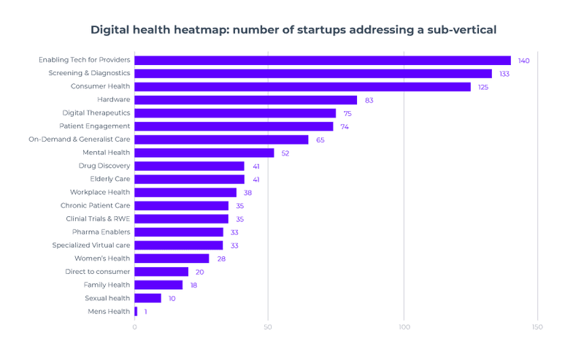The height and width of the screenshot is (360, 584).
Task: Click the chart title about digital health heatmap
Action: click(293, 30)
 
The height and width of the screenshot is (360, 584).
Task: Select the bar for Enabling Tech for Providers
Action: click(322, 61)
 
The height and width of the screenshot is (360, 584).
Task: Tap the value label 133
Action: click(504, 74)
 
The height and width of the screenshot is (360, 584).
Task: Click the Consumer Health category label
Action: click(100, 87)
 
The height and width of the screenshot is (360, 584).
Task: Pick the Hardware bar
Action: click(245, 100)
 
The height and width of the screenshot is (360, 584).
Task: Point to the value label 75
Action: click(347, 113)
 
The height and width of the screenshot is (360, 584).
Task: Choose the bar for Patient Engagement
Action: click(234, 126)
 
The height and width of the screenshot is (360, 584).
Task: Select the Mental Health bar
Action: click(204, 153)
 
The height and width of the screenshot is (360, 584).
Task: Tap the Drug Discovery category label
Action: click(104, 166)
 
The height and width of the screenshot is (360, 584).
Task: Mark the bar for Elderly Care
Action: click(189, 179)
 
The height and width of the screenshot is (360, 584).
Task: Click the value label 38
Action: click(247, 193)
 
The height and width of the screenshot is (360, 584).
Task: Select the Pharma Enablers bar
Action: click(178, 232)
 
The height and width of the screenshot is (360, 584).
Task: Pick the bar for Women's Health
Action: click(172, 258)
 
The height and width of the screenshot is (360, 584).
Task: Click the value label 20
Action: click(199, 272)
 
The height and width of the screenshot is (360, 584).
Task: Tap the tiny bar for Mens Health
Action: click(136, 312)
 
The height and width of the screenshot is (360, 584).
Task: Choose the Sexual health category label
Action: click(107, 298)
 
